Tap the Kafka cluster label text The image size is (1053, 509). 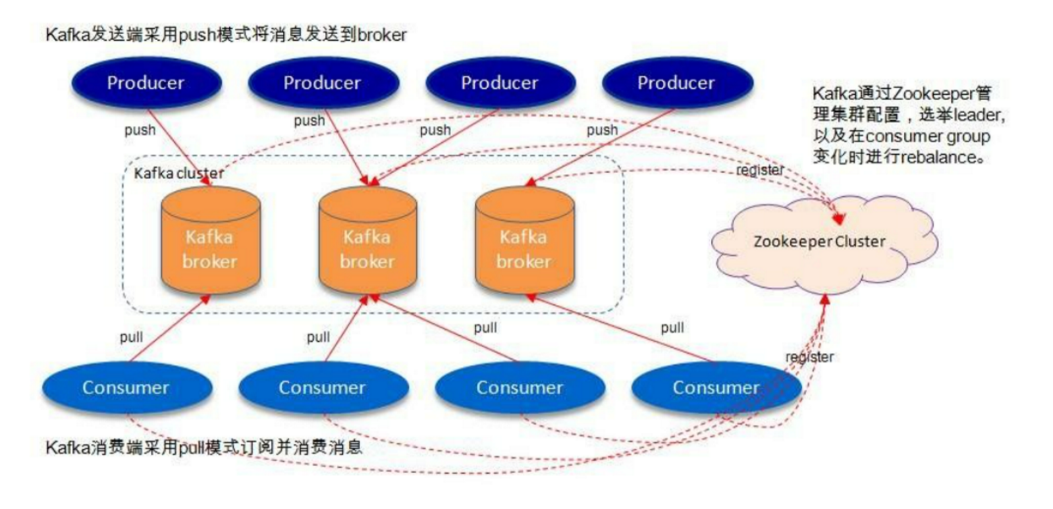(178, 173)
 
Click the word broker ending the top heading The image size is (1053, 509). (382, 35)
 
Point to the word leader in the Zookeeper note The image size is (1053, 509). (978, 115)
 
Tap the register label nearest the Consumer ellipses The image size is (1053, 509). (809, 357)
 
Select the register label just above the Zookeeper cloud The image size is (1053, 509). (760, 170)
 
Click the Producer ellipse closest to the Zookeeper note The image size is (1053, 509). (676, 83)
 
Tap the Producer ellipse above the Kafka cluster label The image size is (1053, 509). (146, 83)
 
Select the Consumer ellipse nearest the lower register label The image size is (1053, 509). (716, 388)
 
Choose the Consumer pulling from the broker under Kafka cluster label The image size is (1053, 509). (126, 388)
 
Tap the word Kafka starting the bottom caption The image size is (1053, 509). (67, 448)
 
